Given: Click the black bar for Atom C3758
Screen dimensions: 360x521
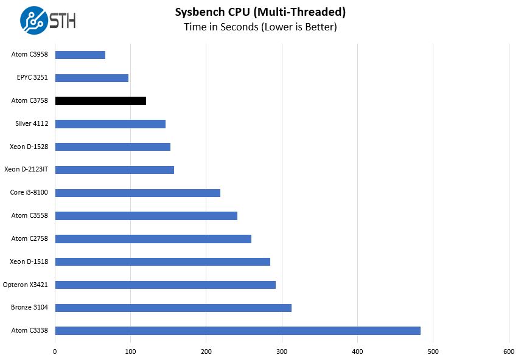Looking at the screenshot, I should coord(100,101).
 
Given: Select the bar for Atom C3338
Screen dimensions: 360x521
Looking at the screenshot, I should coord(237,331).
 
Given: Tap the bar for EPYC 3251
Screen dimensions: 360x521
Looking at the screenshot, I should coord(92,78).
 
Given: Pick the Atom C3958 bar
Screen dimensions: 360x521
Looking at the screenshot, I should coord(80,55).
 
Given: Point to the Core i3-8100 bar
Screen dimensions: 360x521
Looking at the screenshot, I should coord(138,193).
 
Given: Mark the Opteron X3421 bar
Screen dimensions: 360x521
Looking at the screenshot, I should coord(166,285).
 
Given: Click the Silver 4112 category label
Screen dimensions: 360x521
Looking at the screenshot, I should coord(32,124).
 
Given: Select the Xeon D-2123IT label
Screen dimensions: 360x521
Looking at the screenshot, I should coord(26,170).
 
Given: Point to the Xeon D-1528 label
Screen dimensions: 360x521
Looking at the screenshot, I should coord(29,147).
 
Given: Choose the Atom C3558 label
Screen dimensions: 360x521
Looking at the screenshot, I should coord(30,215).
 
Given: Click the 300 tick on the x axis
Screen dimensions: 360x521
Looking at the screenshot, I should coord(282,351).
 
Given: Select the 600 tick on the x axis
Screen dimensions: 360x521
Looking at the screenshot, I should coord(509,351).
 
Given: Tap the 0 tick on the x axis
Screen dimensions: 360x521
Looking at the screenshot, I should coord(55,351).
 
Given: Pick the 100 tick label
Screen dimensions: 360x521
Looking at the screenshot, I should coord(130,351).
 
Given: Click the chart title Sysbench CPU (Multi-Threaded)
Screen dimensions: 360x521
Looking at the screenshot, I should coord(260,12).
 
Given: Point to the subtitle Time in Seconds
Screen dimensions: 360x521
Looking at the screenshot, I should coord(260,27).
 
